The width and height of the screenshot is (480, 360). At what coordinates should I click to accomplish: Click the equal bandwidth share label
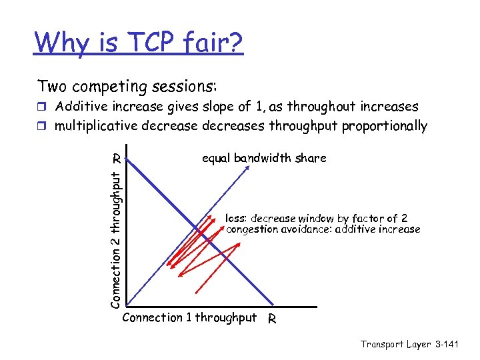coord(264,158)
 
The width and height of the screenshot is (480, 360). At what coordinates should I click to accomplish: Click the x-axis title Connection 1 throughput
coord(189,317)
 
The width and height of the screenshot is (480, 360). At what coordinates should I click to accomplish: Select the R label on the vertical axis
coord(116,159)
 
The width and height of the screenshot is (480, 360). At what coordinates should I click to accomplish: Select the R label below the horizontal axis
coord(271,319)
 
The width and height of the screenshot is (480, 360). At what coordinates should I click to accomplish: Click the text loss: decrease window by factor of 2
coord(317,218)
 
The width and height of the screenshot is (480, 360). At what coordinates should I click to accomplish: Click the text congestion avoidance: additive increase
coord(323,229)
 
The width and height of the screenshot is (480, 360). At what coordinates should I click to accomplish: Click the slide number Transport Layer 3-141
coord(409,344)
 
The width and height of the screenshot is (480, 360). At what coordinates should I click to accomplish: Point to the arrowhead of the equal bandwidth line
coord(247,166)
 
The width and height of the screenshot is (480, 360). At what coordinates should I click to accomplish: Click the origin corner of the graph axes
coord(125,307)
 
